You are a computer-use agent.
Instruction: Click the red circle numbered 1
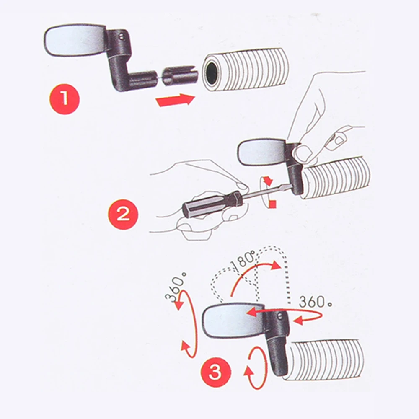65,98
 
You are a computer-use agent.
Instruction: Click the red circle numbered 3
215,372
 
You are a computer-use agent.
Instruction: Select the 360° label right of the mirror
316,302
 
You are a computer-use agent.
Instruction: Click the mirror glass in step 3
232,319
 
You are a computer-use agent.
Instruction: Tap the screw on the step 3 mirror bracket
279,316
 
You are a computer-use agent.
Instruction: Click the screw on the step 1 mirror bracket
121,36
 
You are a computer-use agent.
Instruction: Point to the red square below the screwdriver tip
273,204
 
